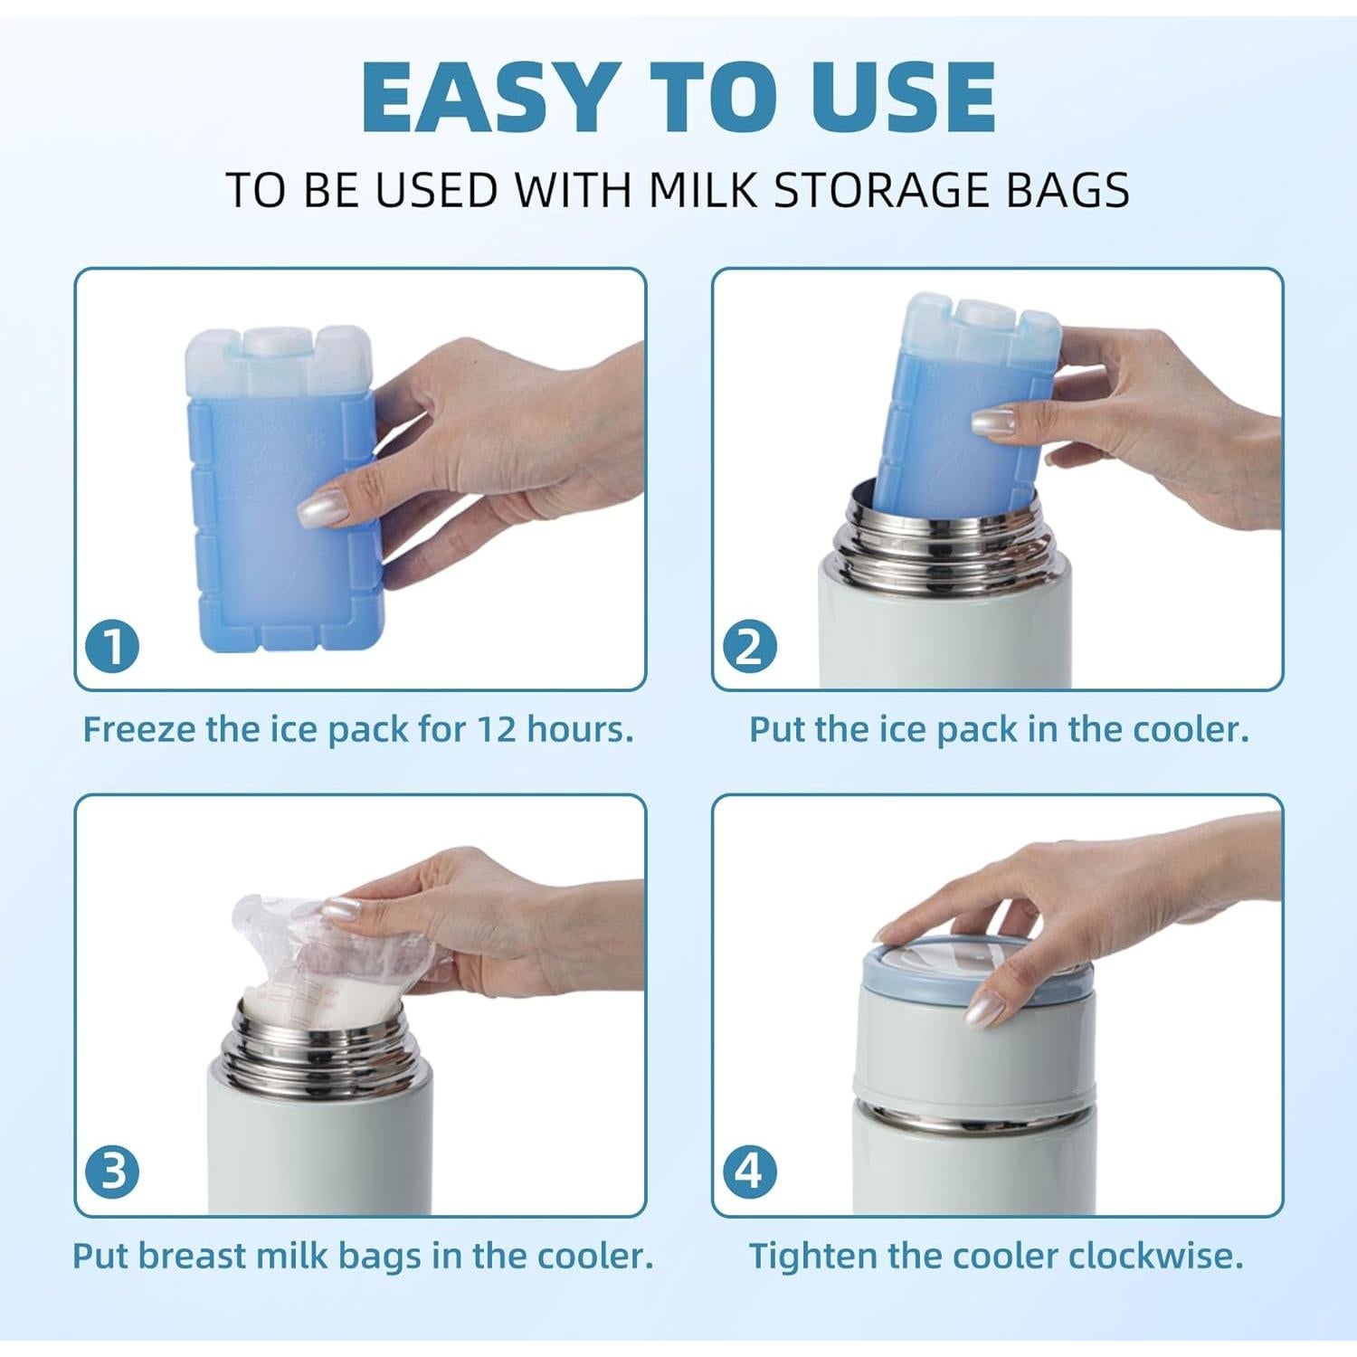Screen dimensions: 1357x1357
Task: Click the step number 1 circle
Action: tap(113, 647)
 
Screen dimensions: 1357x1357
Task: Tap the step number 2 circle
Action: tap(751, 647)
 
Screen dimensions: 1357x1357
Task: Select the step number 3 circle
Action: tap(113, 1172)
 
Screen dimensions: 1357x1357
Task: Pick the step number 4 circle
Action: tap(751, 1172)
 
